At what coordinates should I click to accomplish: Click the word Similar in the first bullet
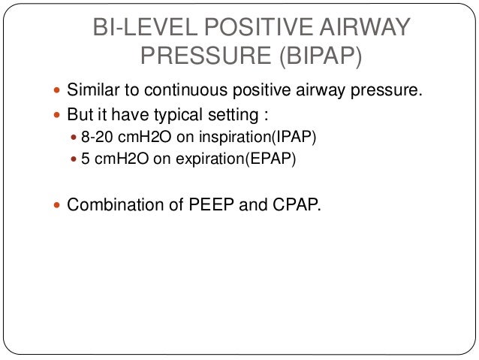[x=94, y=92]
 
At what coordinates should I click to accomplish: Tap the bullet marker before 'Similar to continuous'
[x=59, y=92]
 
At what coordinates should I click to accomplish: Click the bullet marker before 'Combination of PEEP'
[x=59, y=204]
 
